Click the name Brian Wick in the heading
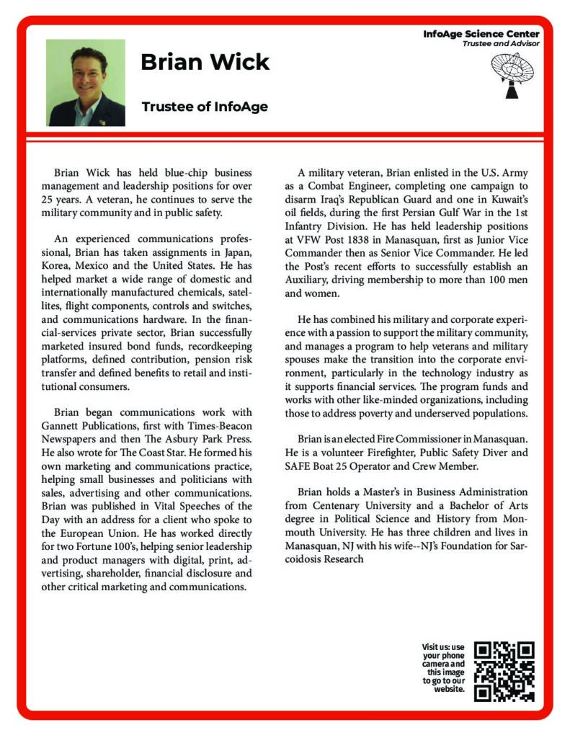205,62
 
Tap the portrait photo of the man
86,82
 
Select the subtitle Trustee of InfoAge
205,107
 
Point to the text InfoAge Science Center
481,34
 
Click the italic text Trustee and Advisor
501,43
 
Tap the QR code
504,671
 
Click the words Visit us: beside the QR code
443,647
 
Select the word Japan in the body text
237,252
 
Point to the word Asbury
172,440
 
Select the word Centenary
337,506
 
